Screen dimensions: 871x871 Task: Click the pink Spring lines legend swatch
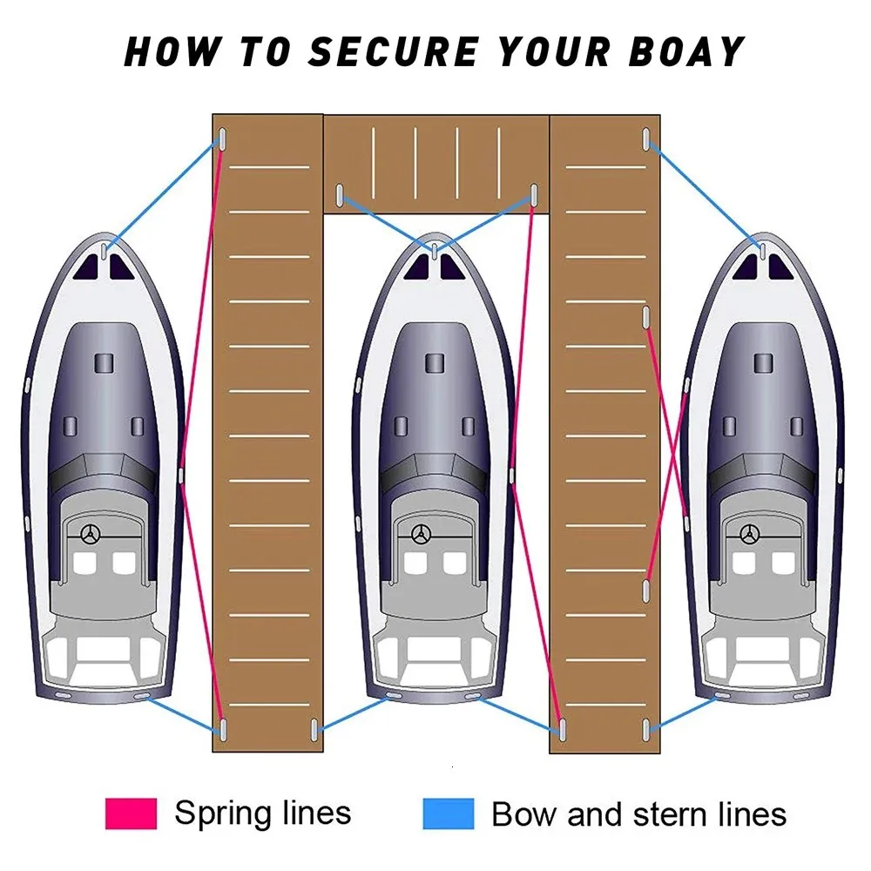tap(131, 813)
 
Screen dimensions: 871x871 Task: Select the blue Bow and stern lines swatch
tap(448, 813)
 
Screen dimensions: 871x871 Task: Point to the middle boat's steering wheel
tap(422, 534)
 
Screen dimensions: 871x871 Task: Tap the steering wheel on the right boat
tap(747, 534)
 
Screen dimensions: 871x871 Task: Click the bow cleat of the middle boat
tap(433, 252)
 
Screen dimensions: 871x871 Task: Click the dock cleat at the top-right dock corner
tap(645, 139)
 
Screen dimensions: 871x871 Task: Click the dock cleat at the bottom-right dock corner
tap(645, 728)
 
